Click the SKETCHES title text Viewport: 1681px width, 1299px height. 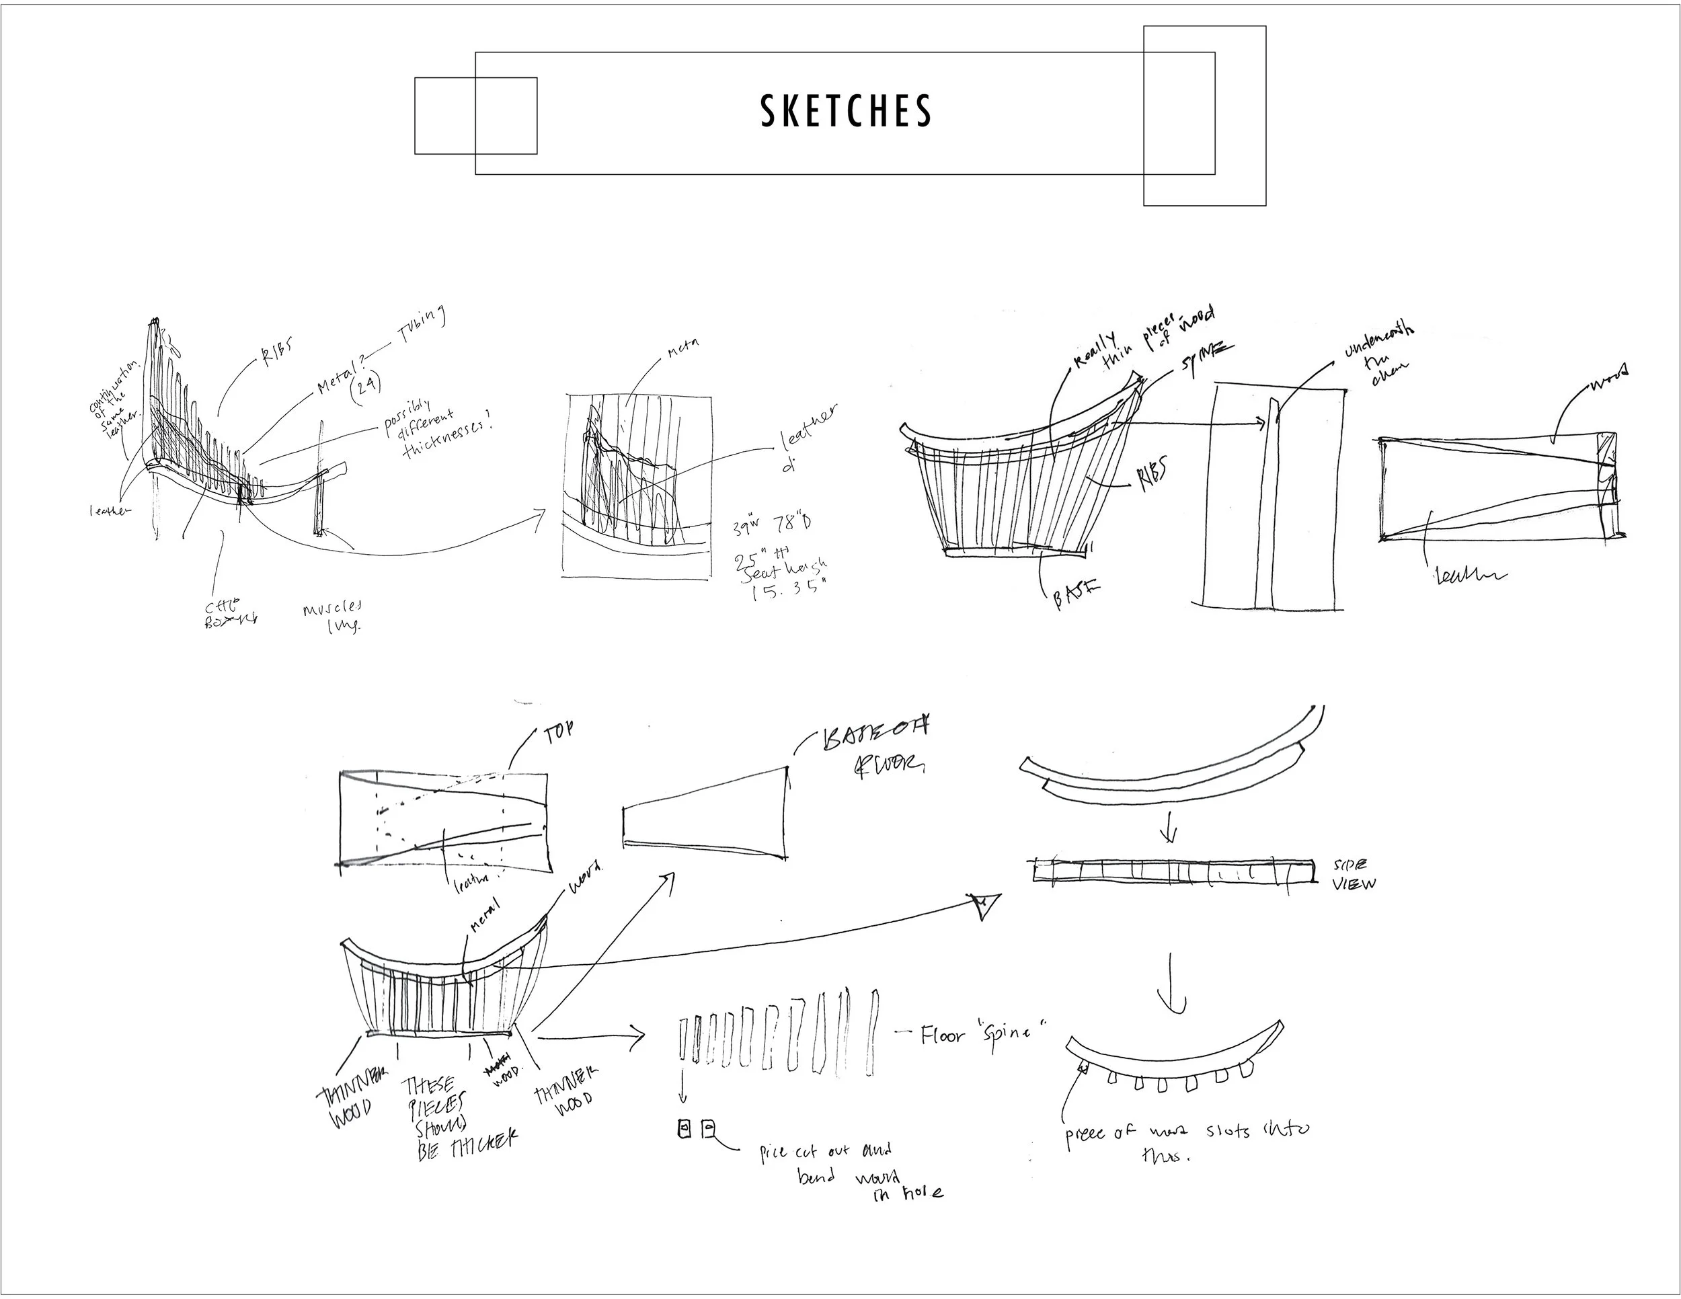coord(846,112)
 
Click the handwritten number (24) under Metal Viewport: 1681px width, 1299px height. coord(366,383)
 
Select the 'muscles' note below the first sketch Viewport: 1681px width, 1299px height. coord(333,616)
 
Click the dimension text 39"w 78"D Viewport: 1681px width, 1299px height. coord(771,527)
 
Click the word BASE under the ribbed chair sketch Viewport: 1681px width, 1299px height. coord(1076,595)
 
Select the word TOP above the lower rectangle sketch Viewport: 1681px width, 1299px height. coord(558,734)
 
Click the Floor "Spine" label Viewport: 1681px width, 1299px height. coord(984,1033)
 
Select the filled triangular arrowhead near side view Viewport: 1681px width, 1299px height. coord(986,905)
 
